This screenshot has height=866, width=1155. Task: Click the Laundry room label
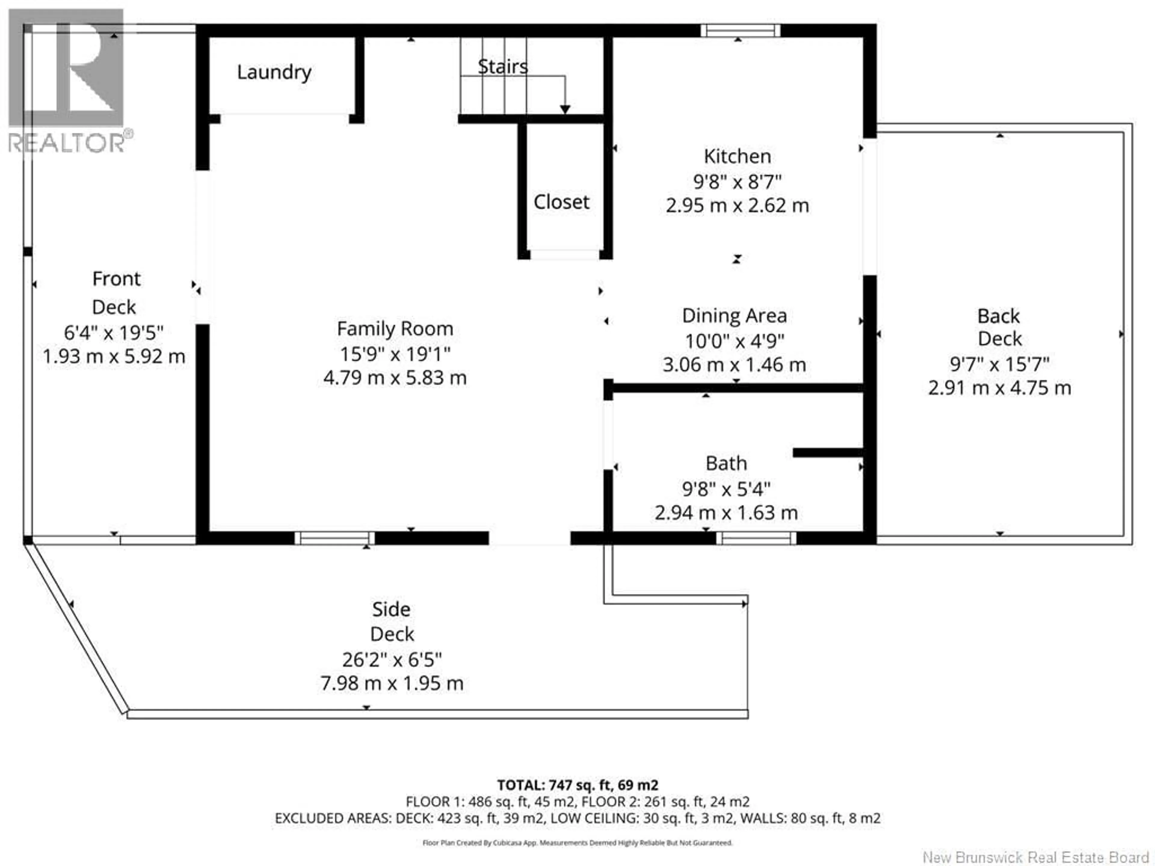[274, 72]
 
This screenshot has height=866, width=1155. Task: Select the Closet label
[561, 202]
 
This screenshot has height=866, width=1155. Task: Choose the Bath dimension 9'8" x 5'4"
[726, 489]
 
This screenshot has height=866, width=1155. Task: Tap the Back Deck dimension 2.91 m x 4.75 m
[999, 388]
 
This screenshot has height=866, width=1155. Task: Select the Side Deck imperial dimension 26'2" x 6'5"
[392, 660]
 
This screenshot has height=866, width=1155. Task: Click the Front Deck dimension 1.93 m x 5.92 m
[114, 357]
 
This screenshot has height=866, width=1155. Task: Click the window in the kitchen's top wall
[741, 31]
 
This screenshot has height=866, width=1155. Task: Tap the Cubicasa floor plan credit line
[577, 843]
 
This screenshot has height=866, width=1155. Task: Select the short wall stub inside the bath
[828, 453]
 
